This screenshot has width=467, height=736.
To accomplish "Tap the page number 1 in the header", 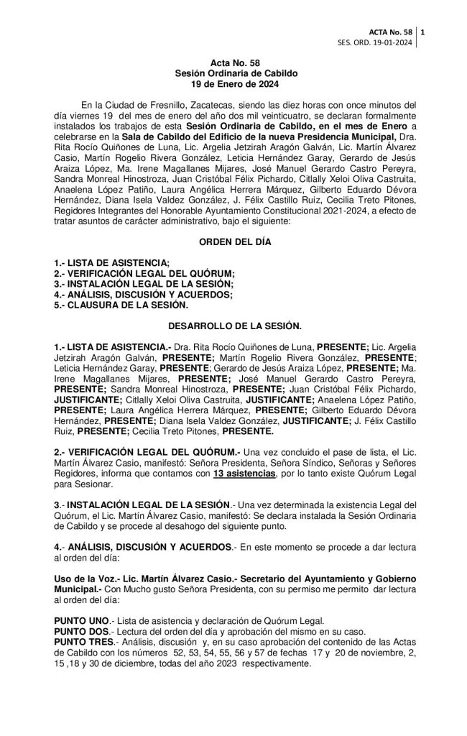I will pyautogui.click(x=422, y=32).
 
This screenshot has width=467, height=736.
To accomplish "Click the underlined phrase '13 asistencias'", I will pyautogui.click(x=244, y=474).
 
